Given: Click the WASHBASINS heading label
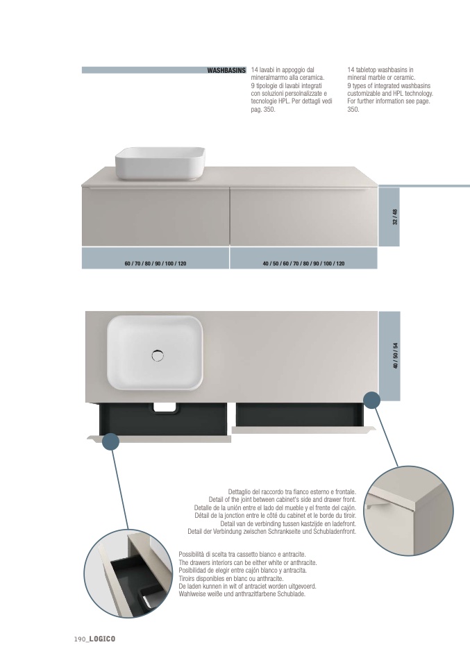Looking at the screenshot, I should tap(226, 70).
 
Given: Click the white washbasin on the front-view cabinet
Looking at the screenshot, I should tap(160, 162).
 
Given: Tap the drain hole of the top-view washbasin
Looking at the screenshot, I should tap(158, 355).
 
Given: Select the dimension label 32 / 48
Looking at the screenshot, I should tap(394, 217).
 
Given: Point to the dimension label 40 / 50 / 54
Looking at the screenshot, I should tap(394, 356).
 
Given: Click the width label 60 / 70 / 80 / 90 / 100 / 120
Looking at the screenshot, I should tap(155, 264).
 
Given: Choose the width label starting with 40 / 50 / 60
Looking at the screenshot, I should tap(303, 264).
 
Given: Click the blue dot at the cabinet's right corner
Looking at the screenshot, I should tap(373, 401).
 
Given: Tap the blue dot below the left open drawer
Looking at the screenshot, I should tap(110, 443).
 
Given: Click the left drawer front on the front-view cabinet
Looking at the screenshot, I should tap(156, 217).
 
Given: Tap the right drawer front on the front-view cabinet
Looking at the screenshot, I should tap(303, 217).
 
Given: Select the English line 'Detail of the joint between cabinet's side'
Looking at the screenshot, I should tap(282, 499).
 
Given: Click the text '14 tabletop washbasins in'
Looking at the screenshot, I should tap(380, 70).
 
